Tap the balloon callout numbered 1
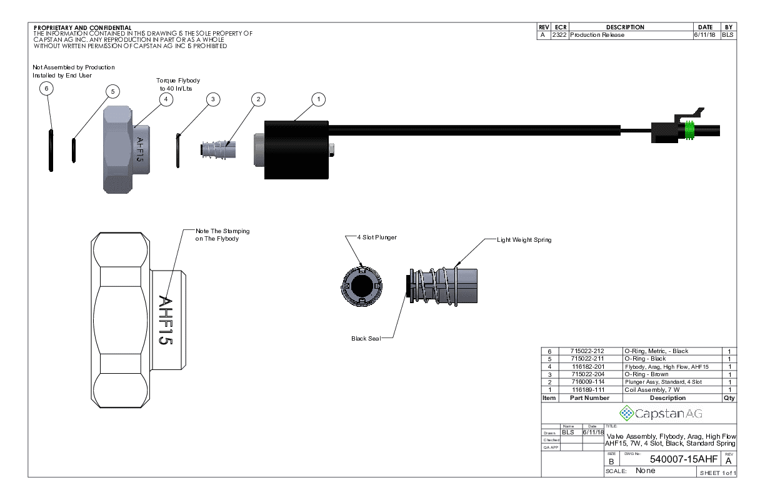tap(319, 99)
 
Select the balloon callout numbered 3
tap(212, 99)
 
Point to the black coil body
tap(297, 151)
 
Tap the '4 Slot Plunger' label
tap(377, 237)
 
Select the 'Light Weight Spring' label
tap(524, 239)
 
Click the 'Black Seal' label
tap(366, 339)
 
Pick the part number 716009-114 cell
tap(587, 381)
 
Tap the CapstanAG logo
tap(661, 413)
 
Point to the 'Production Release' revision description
tap(597, 35)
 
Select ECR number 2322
tap(559, 35)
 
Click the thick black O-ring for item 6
tap(51, 150)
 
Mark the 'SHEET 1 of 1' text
tap(717, 473)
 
